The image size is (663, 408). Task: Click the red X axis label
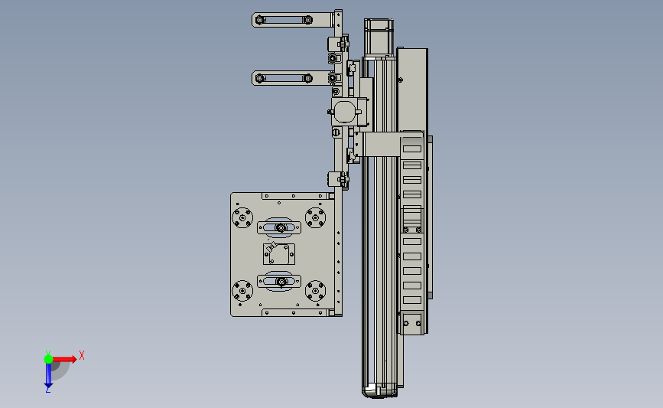coord(82,355)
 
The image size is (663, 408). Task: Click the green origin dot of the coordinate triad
coord(48,359)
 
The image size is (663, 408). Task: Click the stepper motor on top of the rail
coord(379,38)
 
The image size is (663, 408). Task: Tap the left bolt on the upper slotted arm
coord(260,20)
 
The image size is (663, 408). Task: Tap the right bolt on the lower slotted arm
coord(308,78)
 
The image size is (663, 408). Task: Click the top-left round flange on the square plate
coord(242,217)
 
